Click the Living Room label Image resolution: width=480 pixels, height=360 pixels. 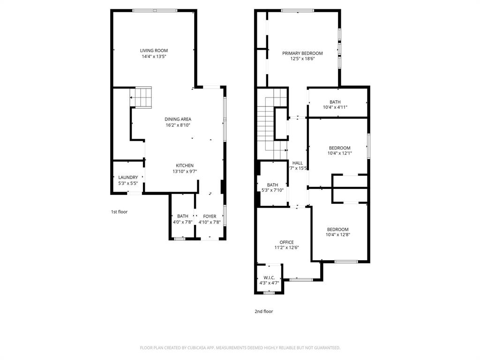click(154, 51)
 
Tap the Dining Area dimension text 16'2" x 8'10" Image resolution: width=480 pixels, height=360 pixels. click(178, 125)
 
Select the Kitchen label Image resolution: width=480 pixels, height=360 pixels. click(185, 165)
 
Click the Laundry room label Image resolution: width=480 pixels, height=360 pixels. click(128, 177)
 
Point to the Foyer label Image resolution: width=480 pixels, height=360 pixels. click(210, 216)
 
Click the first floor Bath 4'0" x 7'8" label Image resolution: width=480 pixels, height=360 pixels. click(183, 216)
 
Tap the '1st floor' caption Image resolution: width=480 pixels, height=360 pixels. click(119, 212)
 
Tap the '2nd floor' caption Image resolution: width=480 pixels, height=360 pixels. click(264, 311)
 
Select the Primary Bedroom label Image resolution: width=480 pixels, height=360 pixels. click(302, 53)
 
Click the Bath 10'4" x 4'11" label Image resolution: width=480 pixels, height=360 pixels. click(335, 102)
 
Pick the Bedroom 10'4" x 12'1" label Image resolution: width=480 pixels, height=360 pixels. click(339, 148)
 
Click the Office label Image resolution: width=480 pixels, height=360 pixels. click(286, 242)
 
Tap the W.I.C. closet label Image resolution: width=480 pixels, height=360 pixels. click(269, 277)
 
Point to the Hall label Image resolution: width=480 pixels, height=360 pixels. click(297, 163)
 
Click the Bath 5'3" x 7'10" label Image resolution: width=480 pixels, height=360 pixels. click(272, 185)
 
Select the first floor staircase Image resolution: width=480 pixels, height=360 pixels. click(141, 97)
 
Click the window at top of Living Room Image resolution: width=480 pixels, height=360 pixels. click(155, 10)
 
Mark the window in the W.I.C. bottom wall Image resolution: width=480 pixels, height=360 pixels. click(269, 293)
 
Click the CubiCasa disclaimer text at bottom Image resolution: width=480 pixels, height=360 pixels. click(240, 348)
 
